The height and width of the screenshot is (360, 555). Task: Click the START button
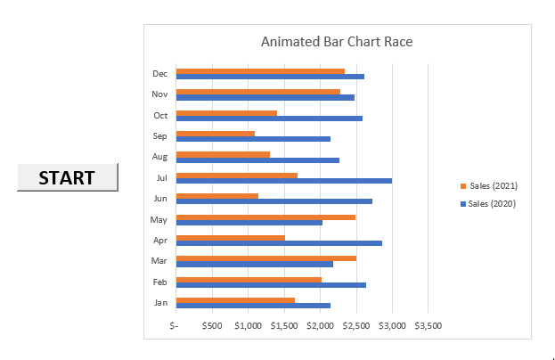[x=67, y=177]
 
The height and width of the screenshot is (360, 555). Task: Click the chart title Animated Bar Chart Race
[x=337, y=41]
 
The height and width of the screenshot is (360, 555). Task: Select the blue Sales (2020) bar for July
[x=283, y=181]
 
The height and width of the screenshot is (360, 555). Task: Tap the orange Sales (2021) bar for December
[x=260, y=70]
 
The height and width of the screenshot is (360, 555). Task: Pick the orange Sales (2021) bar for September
[x=216, y=134]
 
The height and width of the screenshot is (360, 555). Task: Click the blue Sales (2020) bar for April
[x=279, y=243]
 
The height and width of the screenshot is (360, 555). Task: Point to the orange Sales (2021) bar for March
[x=266, y=258]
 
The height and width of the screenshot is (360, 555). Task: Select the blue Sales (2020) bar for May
[x=249, y=223]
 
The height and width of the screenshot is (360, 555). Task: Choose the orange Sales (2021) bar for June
[x=217, y=196]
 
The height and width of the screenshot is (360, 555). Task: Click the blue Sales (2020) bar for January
[x=253, y=306]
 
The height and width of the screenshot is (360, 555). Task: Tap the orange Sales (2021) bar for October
[x=226, y=113]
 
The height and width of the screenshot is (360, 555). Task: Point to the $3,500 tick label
[x=428, y=325]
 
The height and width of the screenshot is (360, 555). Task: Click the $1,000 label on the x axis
[x=248, y=325]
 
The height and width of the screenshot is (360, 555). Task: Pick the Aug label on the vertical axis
[x=160, y=157]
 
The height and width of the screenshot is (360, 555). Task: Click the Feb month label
[x=160, y=282]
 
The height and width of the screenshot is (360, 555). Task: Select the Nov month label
[x=160, y=94]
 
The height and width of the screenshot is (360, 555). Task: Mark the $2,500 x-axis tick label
[x=356, y=325]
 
